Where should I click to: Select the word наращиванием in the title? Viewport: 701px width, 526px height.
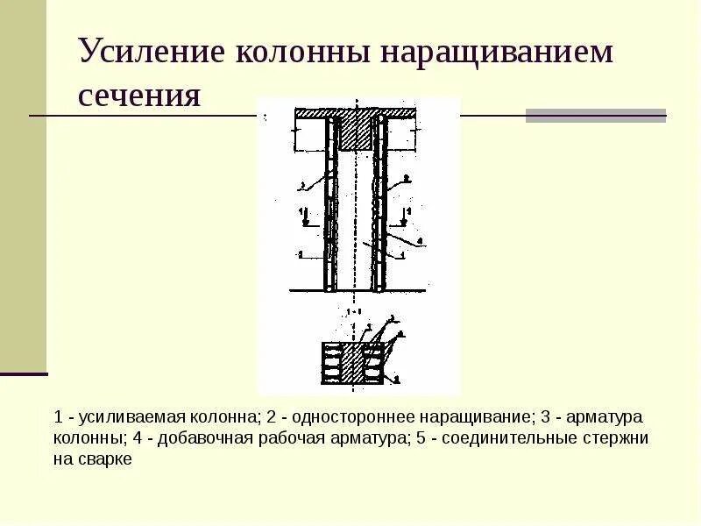click(497, 52)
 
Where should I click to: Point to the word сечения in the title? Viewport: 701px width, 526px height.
click(139, 94)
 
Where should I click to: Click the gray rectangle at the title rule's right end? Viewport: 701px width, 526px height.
click(595, 115)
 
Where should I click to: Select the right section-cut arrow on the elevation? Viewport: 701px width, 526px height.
click(405, 217)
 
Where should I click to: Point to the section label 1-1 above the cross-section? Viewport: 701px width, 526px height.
click(354, 312)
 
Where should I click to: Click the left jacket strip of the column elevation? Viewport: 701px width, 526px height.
click(330, 206)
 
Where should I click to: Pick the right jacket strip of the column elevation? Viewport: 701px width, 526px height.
click(379, 206)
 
